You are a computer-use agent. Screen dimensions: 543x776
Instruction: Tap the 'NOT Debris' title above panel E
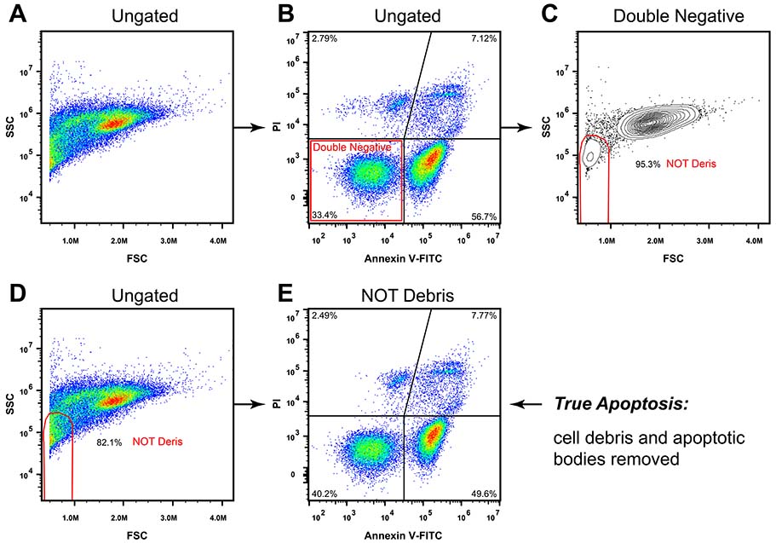coord(403,297)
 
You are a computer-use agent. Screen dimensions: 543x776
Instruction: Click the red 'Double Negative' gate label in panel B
coord(352,147)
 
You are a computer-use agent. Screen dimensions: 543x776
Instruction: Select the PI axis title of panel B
coord(275,126)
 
